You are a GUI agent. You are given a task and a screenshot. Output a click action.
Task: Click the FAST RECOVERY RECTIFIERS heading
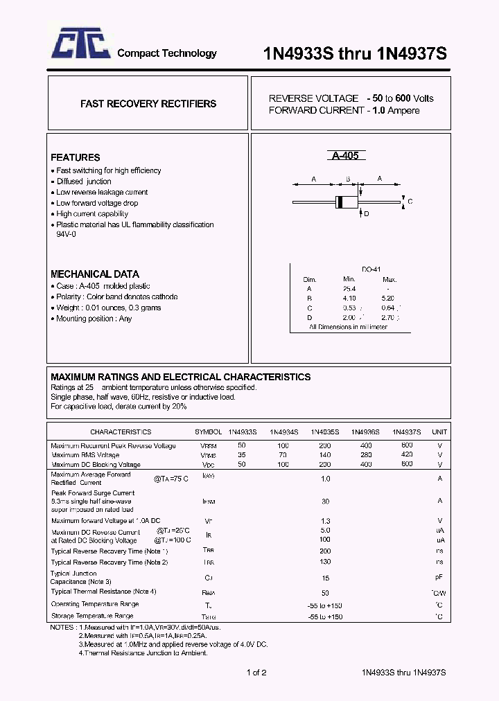(148, 104)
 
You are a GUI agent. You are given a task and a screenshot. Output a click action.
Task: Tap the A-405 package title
(345, 156)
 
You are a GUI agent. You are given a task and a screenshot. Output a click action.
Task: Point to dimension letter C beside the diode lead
(410, 202)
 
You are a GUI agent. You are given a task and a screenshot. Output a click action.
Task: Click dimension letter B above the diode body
(347, 179)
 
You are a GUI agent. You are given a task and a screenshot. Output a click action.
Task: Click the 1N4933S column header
(242, 432)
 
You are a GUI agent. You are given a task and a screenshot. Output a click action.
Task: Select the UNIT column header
(439, 432)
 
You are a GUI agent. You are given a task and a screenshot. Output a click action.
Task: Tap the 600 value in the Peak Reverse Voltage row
(407, 445)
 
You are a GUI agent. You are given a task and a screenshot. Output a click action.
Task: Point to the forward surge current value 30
(324, 501)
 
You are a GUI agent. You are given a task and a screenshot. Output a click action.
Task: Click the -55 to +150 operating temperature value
(324, 605)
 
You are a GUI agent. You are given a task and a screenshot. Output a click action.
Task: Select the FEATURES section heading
(76, 157)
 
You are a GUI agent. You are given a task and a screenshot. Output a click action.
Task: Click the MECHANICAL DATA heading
(95, 274)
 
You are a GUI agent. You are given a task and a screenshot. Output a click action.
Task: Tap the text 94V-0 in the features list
(67, 234)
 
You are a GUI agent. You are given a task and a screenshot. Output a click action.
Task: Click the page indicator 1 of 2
(256, 672)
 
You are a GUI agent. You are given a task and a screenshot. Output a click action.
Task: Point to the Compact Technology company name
(166, 53)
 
